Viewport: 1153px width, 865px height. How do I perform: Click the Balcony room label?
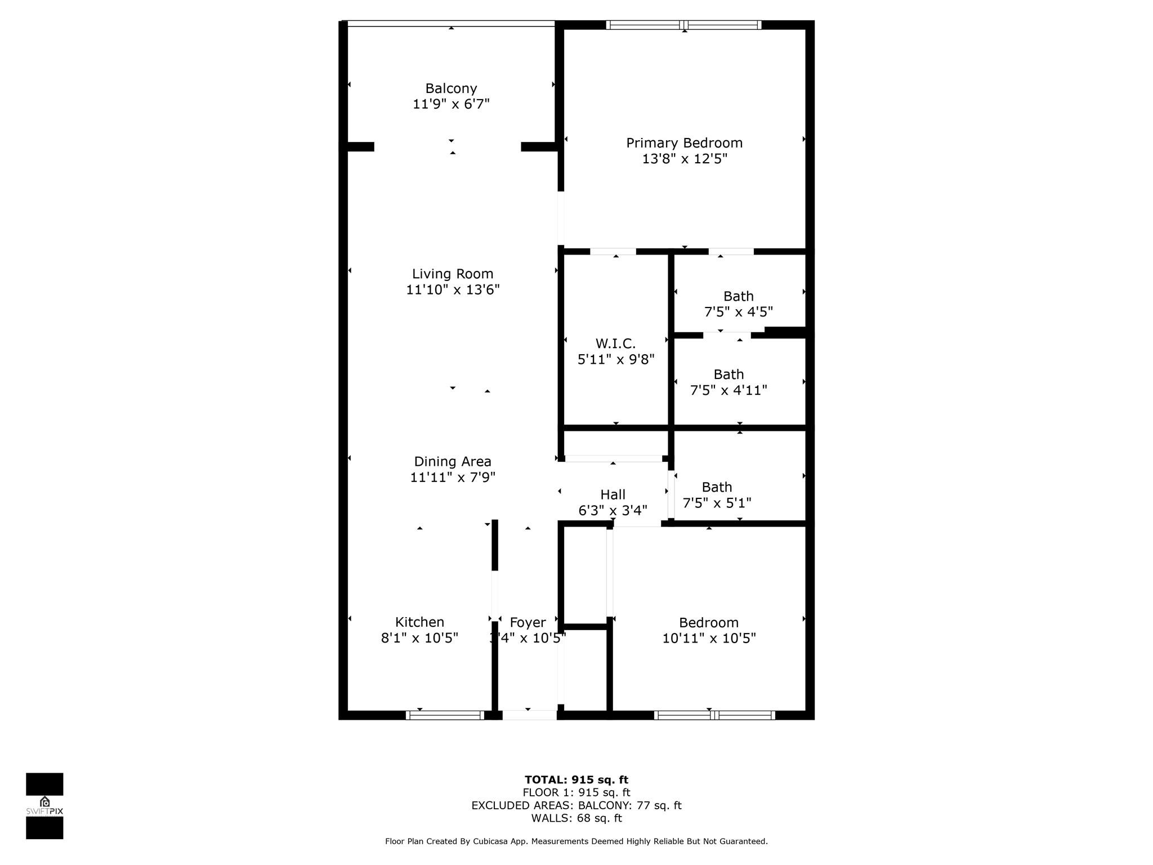click(x=451, y=88)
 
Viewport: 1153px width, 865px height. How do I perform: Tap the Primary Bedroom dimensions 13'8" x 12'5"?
click(x=685, y=159)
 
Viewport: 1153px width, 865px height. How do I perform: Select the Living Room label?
click(x=453, y=274)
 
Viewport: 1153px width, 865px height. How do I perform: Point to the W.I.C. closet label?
click(x=615, y=344)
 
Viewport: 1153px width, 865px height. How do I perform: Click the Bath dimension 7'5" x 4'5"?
click(x=739, y=312)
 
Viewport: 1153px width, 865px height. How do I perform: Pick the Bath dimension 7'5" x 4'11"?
click(x=729, y=390)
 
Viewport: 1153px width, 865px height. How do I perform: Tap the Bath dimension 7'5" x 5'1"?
click(x=717, y=503)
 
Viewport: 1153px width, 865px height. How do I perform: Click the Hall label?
click(x=613, y=494)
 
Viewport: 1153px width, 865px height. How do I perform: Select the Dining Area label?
click(x=453, y=462)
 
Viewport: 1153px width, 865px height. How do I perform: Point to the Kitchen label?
click(x=419, y=622)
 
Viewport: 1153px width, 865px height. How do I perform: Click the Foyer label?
click(x=528, y=623)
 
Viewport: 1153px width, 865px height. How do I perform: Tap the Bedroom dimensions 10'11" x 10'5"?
click(x=709, y=638)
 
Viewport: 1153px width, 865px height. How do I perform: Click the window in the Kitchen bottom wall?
click(x=445, y=715)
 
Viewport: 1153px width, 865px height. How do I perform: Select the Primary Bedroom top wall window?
click(x=684, y=25)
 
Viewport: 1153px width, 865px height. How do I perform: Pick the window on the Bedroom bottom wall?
click(x=714, y=715)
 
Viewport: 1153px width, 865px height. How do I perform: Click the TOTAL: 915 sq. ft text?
click(x=576, y=780)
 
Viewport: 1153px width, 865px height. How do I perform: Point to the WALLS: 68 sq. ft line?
click(x=576, y=818)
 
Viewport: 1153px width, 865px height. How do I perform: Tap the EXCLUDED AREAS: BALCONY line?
click(x=576, y=805)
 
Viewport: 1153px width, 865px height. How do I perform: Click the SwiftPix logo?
click(x=44, y=806)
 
